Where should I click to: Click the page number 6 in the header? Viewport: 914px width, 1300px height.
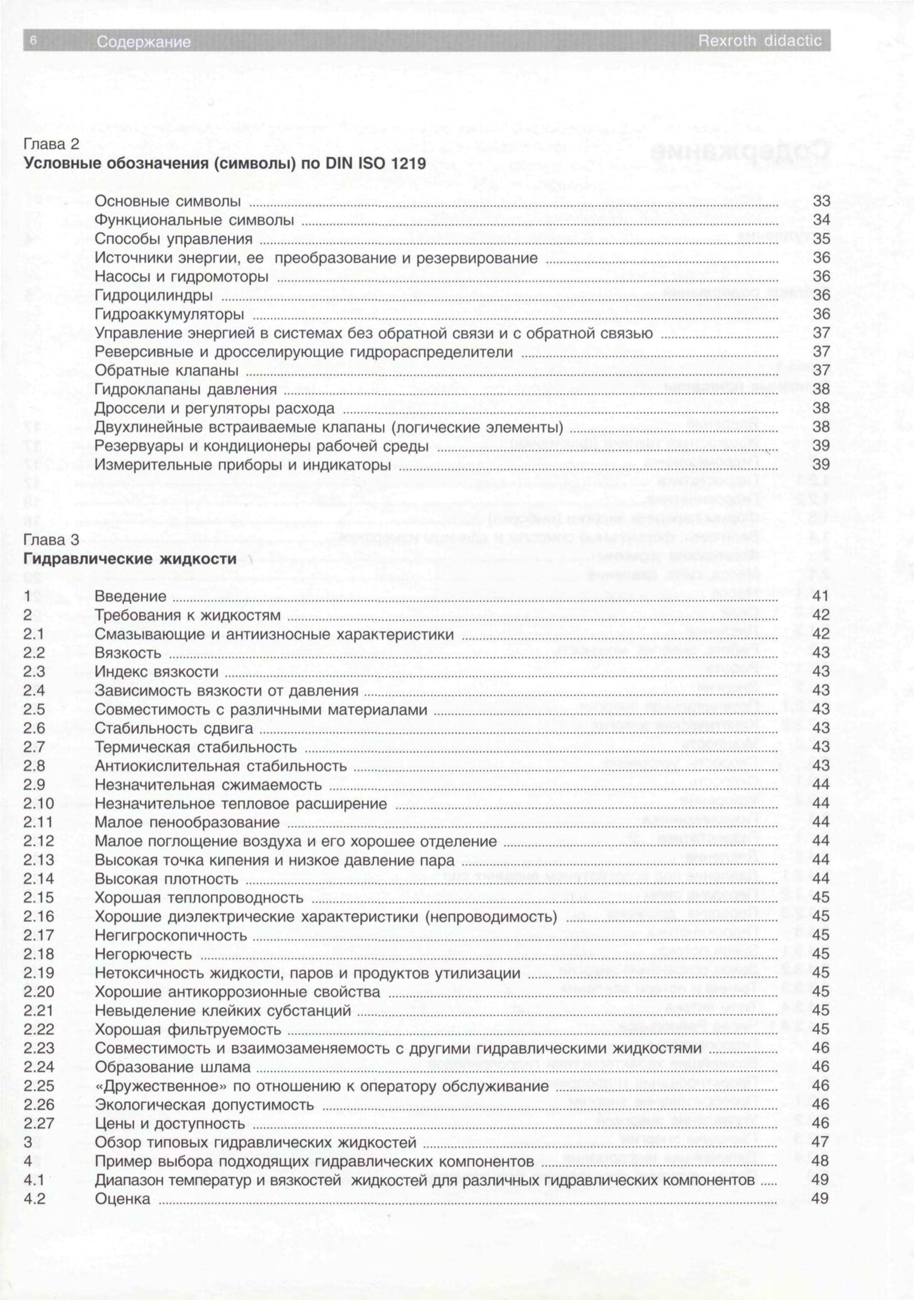33,41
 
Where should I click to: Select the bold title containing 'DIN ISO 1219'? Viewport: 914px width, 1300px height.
225,164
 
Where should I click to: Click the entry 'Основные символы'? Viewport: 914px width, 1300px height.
168,201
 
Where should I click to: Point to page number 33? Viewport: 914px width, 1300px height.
821,201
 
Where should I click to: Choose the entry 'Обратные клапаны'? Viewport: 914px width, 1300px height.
167,371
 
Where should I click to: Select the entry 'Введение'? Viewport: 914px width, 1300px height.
131,597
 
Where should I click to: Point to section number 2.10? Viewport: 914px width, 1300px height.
39,803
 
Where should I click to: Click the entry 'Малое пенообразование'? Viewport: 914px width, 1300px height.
187,822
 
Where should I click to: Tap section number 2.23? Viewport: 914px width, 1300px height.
39,1048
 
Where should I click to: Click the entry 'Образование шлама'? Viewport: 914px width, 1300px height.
173,1067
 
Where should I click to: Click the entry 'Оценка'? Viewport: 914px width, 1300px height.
123,1199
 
